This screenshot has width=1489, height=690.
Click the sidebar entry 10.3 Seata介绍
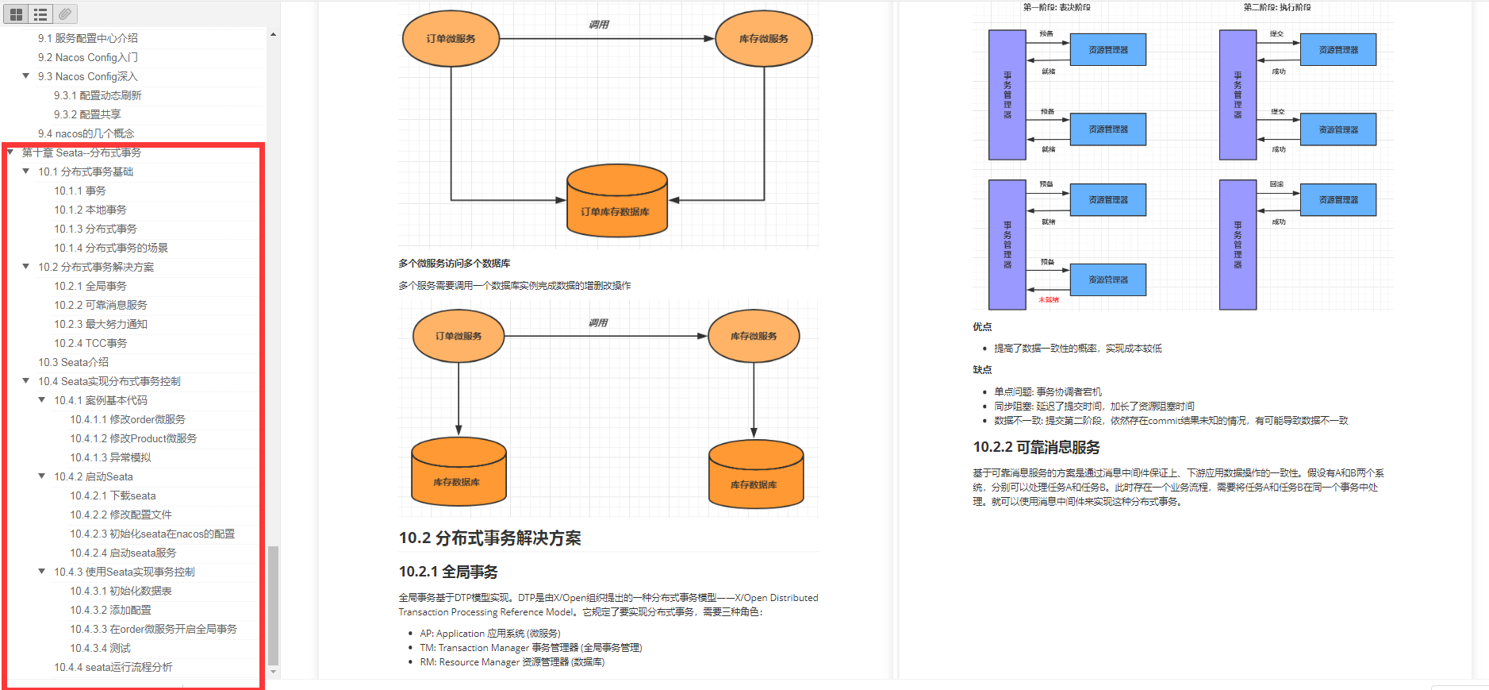coord(73,362)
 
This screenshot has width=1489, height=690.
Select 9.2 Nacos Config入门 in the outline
coord(87,57)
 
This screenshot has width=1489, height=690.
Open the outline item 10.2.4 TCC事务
coord(90,343)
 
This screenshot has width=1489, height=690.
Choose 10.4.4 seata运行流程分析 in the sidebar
coord(113,667)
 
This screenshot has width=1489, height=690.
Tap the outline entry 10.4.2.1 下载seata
coord(113,495)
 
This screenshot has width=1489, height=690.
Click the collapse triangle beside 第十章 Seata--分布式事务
coord(10,152)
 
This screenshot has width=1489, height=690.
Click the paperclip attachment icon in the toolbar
coord(65,13)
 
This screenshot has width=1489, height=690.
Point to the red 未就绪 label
coord(1049,300)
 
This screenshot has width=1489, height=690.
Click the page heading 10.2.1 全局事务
coord(448,572)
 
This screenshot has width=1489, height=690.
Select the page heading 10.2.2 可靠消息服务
coord(1036,447)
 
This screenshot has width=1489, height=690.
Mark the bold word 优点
coord(982,327)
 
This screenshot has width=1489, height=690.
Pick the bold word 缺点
coord(982,370)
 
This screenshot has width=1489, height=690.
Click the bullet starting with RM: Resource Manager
coord(512,662)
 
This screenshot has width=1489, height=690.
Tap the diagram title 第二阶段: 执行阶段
coord(1276,7)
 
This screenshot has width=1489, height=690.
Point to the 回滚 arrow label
coord(1276,184)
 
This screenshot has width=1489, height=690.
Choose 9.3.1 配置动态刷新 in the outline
coord(98,95)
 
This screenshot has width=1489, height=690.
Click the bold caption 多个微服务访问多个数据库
coord(454,264)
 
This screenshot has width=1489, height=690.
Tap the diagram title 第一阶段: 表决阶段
coord(1056,7)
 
